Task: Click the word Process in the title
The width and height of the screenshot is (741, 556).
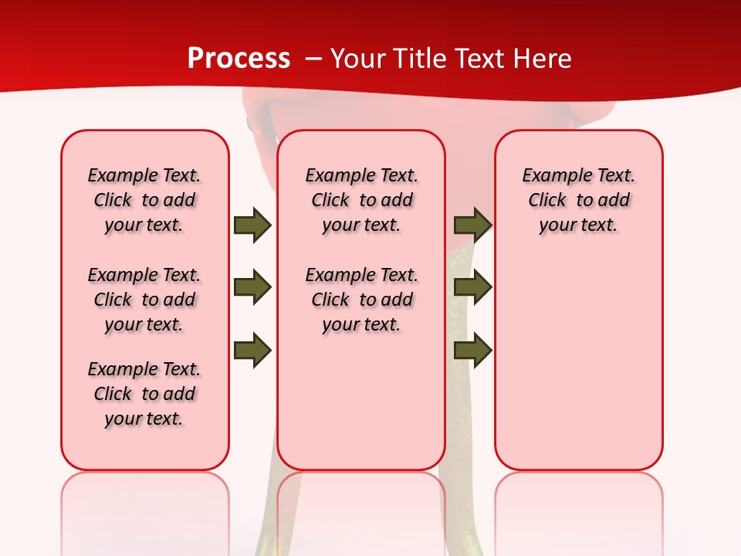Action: (239, 59)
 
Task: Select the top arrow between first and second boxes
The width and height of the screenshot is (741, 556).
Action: (252, 225)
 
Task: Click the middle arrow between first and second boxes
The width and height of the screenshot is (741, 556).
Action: (252, 287)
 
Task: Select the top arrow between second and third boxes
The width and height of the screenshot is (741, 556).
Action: (472, 225)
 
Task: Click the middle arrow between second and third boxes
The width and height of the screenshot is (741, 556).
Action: (472, 287)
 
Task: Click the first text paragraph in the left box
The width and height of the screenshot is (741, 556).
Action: (144, 200)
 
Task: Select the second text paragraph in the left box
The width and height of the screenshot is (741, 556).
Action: (144, 300)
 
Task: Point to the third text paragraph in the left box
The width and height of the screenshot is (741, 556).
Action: (144, 394)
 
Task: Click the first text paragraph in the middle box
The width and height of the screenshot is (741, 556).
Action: (361, 200)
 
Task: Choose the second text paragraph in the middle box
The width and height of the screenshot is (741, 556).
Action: (361, 300)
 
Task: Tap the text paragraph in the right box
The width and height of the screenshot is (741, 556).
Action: (578, 200)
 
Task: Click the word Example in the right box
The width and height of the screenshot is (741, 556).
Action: (550, 175)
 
